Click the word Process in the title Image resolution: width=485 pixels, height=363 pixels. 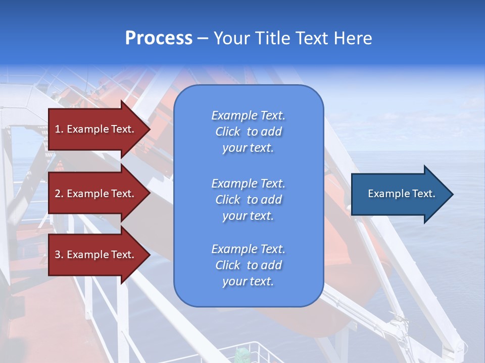[159, 38]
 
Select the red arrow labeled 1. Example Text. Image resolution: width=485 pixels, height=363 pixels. [96, 129]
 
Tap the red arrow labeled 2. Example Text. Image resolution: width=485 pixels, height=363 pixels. [96, 194]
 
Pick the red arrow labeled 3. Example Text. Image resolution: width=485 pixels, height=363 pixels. [96, 255]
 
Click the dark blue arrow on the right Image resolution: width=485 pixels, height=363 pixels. [399, 194]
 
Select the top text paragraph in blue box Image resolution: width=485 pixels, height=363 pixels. [248, 132]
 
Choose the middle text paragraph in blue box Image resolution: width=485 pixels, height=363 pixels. [248, 200]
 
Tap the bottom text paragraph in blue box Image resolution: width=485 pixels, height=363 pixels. [248, 265]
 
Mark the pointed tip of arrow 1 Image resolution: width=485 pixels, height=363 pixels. [149, 129]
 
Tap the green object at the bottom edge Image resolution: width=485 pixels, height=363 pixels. [242, 355]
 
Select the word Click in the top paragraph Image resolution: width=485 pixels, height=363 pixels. [228, 132]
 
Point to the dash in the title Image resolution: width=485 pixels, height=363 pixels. [203, 38]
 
